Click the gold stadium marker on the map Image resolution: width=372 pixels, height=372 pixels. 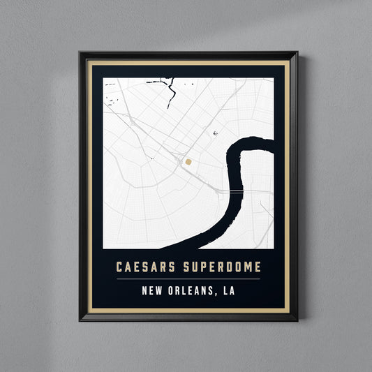click(x=188, y=161)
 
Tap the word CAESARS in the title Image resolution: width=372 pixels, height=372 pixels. click(x=147, y=267)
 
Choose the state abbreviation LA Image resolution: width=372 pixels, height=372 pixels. click(x=228, y=291)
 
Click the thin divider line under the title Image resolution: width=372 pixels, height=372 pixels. click(x=188, y=279)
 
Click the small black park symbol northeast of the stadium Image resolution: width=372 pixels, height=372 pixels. click(x=216, y=133)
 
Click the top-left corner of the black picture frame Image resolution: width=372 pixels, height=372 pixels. click(x=80, y=52)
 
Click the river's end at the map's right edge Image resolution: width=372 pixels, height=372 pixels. click(x=272, y=143)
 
